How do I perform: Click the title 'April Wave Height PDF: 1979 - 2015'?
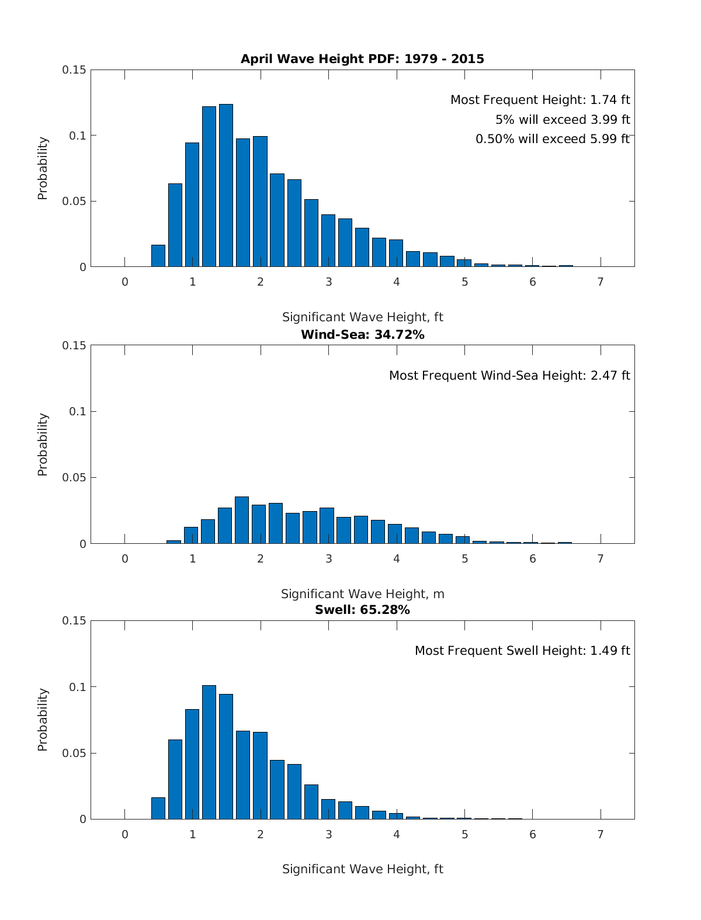point(362,59)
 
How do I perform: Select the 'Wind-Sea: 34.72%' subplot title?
point(362,335)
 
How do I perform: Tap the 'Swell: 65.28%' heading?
point(362,610)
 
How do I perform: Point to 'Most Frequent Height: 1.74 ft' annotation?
point(540,100)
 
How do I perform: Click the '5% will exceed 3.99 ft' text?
point(563,120)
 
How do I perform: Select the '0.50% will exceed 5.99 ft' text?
point(553,139)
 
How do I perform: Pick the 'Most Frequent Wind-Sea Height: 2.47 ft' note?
point(509,376)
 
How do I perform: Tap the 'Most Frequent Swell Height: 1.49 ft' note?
point(522,651)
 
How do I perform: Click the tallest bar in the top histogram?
point(226,185)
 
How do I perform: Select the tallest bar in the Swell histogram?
point(209,752)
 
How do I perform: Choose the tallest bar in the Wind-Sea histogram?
point(242,520)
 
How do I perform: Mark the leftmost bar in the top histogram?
point(158,256)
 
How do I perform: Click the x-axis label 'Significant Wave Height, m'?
point(362,594)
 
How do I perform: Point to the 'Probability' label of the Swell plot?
point(43,720)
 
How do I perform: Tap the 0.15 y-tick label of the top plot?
point(74,70)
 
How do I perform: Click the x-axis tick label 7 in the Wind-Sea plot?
point(601,559)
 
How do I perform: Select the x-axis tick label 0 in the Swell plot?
point(125,835)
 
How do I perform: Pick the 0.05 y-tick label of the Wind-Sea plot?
point(74,478)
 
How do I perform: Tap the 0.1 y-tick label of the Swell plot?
point(77,688)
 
